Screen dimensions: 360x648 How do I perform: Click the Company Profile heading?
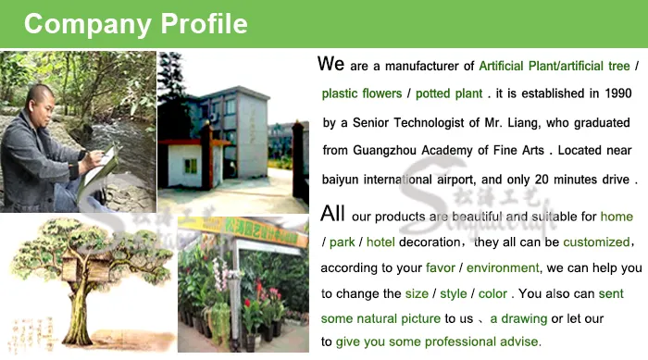pos(135,23)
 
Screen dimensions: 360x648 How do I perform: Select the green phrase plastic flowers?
pos(362,93)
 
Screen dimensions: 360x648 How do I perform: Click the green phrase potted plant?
pos(450,93)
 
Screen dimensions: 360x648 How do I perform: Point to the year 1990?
pos(615,93)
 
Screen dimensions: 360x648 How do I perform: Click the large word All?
pos(331,214)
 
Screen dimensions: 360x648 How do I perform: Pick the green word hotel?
pos(383,242)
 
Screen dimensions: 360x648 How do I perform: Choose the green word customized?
pos(589,242)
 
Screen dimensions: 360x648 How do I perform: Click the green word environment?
pos(503,267)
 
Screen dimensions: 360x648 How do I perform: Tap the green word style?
pos(454,293)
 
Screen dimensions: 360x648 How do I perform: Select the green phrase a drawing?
pos(519,318)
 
